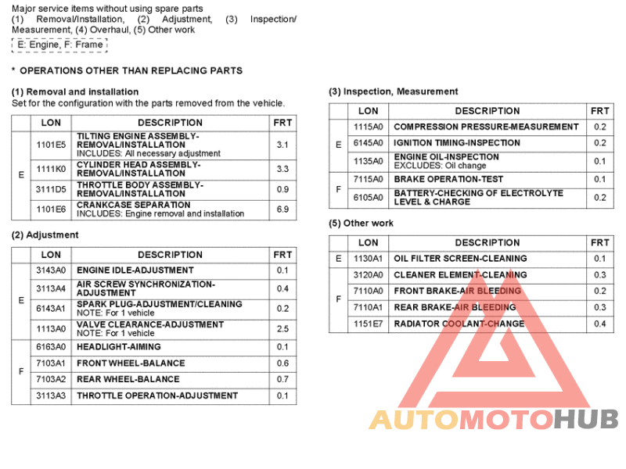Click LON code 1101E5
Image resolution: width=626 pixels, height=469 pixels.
51,145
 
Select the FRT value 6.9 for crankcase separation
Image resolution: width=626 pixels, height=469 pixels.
282,210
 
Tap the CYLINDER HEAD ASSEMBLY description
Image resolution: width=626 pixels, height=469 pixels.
139,170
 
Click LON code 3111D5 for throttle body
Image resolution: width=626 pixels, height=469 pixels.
51,189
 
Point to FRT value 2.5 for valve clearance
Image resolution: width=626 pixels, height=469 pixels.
282,329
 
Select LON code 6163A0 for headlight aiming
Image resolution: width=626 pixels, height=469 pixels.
51,347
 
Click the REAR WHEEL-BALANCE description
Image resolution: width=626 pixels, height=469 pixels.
128,379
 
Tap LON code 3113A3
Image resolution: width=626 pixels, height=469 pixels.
51,396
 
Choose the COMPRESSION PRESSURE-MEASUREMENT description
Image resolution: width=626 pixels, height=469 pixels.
486,127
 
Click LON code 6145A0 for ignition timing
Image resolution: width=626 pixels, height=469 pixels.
368,143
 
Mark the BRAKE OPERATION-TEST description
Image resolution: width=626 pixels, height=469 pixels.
448,179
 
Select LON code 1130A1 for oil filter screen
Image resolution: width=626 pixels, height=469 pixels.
368,259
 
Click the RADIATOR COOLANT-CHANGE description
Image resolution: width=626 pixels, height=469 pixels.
459,324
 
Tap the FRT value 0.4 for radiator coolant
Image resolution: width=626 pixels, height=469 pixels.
599,324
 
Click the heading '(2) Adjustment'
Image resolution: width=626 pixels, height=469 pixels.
45,234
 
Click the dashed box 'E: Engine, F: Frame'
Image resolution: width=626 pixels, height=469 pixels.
59,45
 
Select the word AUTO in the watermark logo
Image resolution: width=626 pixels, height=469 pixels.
413,420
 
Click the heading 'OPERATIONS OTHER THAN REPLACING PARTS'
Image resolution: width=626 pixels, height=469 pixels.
131,70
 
